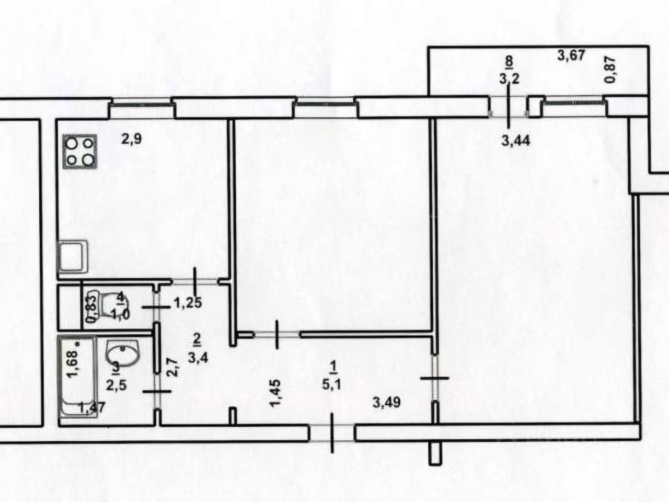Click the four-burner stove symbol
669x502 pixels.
point(80,152)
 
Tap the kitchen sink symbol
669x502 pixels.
point(72,257)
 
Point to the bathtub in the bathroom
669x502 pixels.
point(77,376)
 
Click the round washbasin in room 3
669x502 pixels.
point(123,353)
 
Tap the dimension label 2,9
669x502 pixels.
point(132,139)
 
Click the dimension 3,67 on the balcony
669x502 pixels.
point(571,56)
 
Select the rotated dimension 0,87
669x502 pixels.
point(610,70)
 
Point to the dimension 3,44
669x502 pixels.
point(516,141)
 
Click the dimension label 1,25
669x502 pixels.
point(188,303)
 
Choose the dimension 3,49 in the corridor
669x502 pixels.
point(386,403)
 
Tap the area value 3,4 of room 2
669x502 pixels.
point(198,357)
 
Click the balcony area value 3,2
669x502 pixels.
point(509,79)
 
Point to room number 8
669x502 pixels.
point(509,61)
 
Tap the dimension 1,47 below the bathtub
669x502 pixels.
point(92,407)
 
